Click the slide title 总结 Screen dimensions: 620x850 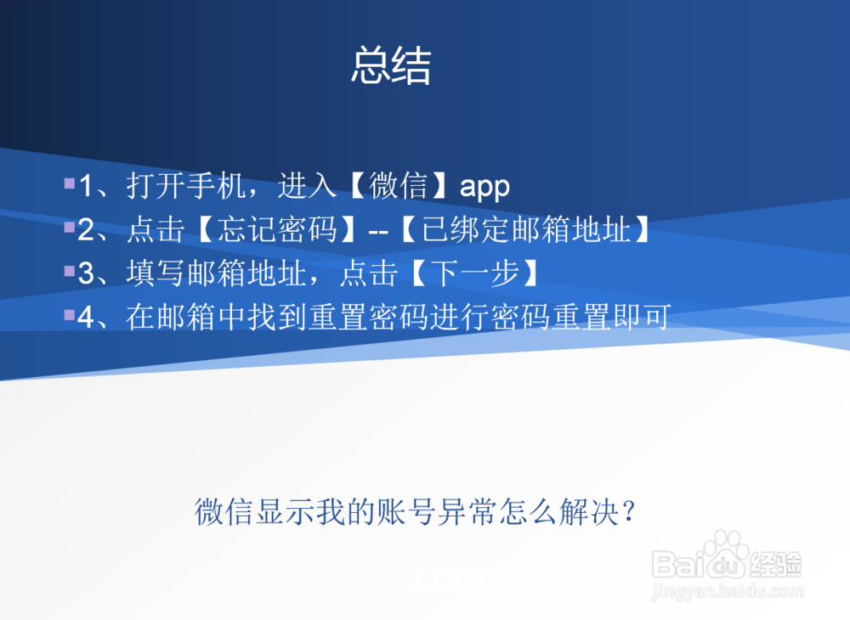pos(391,66)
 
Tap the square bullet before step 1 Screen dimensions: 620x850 pos(69,183)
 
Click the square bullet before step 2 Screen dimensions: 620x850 pos(69,227)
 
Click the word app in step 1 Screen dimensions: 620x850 pos(484,187)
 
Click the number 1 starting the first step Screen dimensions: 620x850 pos(86,187)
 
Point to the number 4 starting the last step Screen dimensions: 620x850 pos(86,318)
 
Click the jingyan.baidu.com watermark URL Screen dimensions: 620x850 pos(727,590)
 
